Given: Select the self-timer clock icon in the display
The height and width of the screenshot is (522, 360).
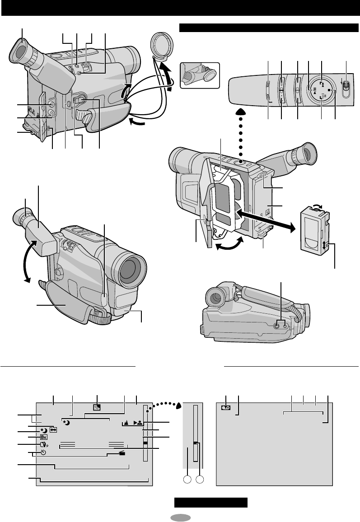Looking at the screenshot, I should [x=43, y=453].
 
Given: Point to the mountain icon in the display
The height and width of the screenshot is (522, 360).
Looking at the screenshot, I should [x=126, y=424].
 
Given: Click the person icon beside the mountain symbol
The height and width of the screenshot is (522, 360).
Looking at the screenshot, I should [x=138, y=424].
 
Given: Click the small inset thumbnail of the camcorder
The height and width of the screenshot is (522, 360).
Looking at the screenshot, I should [x=199, y=75].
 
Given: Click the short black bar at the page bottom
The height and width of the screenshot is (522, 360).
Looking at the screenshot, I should [x=211, y=503].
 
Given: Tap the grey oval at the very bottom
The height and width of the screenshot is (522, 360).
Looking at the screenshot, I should [x=180, y=517].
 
